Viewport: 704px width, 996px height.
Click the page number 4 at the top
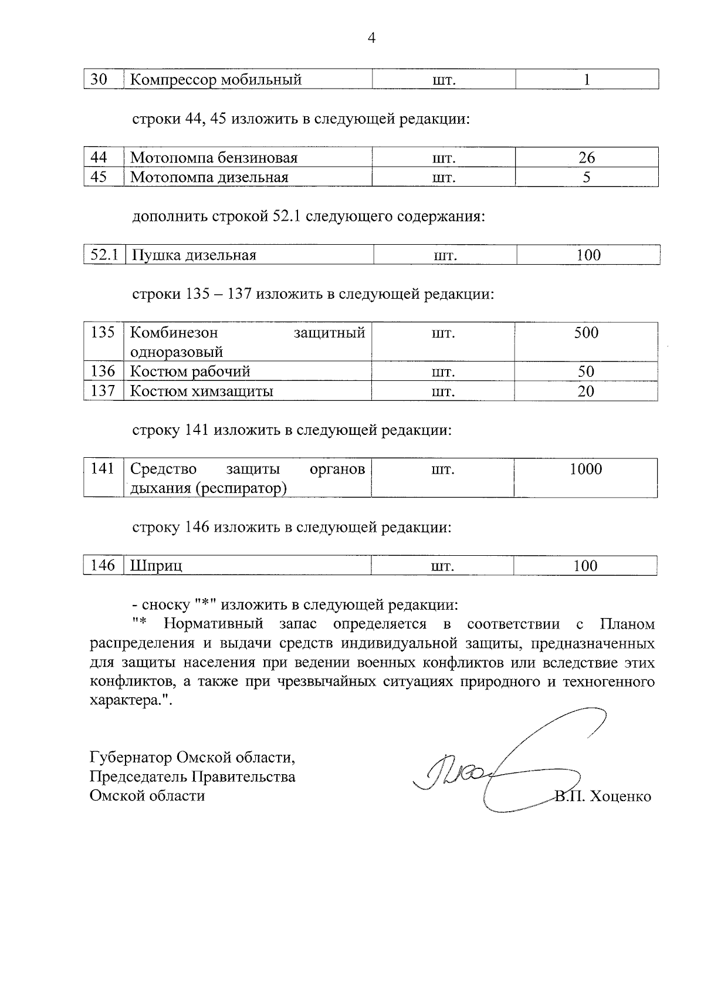pos(370,39)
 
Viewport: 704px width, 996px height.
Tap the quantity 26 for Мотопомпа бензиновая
pos(586,158)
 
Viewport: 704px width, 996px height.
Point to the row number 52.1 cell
pos(104,255)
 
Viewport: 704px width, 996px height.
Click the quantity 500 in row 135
pos(586,333)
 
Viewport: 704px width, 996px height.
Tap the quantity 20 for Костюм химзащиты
pos(585,391)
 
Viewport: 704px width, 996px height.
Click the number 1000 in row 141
pos(585,469)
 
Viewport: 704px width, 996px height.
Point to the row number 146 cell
pos(103,566)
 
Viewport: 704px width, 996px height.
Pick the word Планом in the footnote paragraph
pos(627,624)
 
